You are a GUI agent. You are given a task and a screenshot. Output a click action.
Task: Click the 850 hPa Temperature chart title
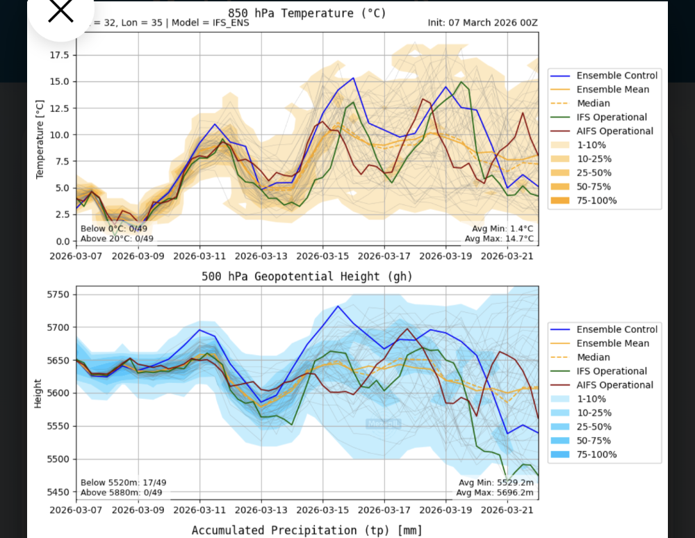pos(306,13)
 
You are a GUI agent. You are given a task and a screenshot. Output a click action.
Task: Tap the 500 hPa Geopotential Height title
pos(306,276)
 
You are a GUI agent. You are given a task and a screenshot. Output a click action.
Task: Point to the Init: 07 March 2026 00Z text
pos(483,22)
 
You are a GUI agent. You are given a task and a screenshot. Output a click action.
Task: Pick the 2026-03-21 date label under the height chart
pos(507,510)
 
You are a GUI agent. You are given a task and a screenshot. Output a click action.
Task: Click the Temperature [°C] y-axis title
pos(40,138)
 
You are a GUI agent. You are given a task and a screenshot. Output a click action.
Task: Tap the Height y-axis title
pos(40,393)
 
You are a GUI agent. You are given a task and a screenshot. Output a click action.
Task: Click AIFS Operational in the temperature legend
pos(615,131)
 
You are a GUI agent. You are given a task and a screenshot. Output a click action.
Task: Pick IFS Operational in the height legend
pos(612,371)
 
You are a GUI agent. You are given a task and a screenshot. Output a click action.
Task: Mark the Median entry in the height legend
pos(594,357)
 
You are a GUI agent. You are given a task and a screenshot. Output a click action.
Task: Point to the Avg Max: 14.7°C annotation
pos(500,238)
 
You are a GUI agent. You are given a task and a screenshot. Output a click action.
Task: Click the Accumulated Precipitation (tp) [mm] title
pos(306,530)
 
